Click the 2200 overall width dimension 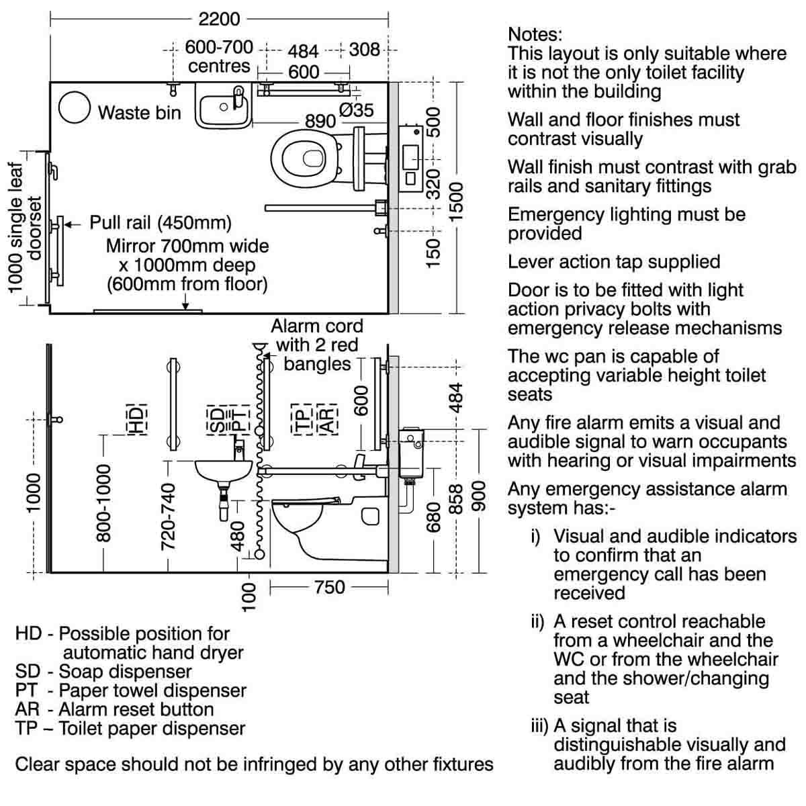219,19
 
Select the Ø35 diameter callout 356,110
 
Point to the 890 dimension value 320,122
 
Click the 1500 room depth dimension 456,202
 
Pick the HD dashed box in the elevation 137,420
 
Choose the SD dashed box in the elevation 216,420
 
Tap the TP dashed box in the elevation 302,420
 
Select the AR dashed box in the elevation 328,420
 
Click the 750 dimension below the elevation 330,587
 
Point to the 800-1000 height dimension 103,503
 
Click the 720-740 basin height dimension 168,516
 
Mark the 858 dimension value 456,499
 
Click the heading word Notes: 535,34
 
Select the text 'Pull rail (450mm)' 161,222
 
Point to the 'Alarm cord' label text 317,326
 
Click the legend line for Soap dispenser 103,672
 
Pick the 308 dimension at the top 364,49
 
